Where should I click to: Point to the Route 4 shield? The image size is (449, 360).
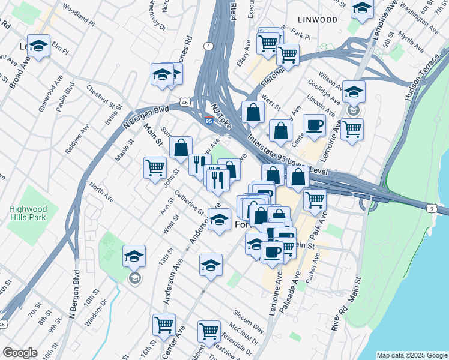pyautogui.click(x=208, y=46)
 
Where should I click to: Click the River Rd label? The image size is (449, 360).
pyautogui.click(x=338, y=317)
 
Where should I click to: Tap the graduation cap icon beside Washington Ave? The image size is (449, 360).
pyautogui.click(x=362, y=8)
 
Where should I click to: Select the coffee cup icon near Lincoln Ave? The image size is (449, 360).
pyautogui.click(x=314, y=125)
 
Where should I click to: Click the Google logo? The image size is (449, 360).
pyautogui.click(x=20, y=353)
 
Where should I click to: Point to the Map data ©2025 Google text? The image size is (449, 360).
pyautogui.click(x=412, y=355)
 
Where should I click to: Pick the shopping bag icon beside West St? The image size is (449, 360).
pyautogui.click(x=253, y=112)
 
